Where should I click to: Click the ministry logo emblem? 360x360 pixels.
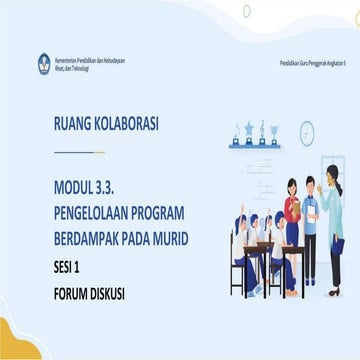click(44, 64)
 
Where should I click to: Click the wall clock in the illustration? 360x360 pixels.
click(307, 132)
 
